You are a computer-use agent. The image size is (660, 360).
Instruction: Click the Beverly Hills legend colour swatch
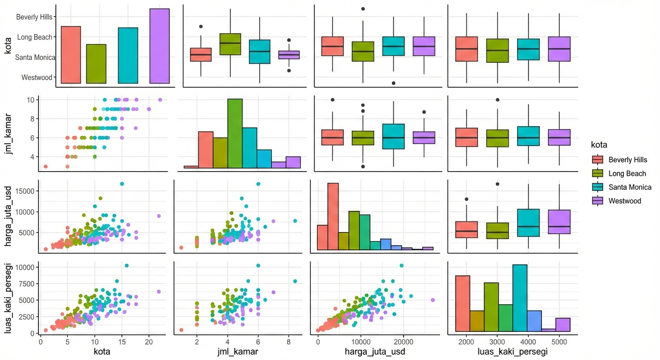tap(598, 159)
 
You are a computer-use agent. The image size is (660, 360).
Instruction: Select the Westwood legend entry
tap(624, 201)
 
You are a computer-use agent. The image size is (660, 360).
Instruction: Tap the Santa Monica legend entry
tap(630, 187)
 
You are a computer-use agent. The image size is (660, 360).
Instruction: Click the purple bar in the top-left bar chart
tap(159, 46)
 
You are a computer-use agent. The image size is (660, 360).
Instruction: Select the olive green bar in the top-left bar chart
tap(96, 64)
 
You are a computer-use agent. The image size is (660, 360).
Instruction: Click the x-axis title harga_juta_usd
tap(375, 351)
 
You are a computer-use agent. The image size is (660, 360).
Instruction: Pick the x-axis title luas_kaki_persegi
tap(512, 351)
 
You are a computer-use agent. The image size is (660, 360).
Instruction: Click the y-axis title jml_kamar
tap(8, 132)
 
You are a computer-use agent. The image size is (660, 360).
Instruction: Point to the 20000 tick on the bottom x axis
tap(403, 342)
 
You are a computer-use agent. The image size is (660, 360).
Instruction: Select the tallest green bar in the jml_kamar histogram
tap(235, 133)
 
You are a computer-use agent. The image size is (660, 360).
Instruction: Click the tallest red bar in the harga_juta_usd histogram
tap(333, 216)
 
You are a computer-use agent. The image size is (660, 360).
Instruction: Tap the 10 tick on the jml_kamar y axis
tap(30, 99)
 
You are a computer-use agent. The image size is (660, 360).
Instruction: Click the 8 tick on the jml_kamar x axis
tap(290, 342)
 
